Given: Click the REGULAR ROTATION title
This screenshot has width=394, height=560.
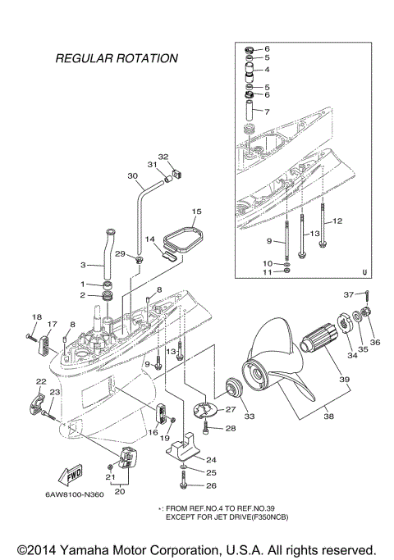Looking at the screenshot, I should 116,58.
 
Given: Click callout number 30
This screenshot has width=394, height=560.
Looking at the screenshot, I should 132,175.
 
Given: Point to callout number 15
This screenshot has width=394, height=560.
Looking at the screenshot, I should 195,212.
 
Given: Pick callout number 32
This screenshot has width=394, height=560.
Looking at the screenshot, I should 163,157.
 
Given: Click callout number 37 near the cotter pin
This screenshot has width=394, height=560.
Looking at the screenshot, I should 348,294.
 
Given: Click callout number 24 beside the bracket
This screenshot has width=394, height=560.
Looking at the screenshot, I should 211,459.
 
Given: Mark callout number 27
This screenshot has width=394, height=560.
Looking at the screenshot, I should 231,409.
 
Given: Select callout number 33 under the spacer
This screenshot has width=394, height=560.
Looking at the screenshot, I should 250,416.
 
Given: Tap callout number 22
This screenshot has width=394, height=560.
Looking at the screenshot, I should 40,381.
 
